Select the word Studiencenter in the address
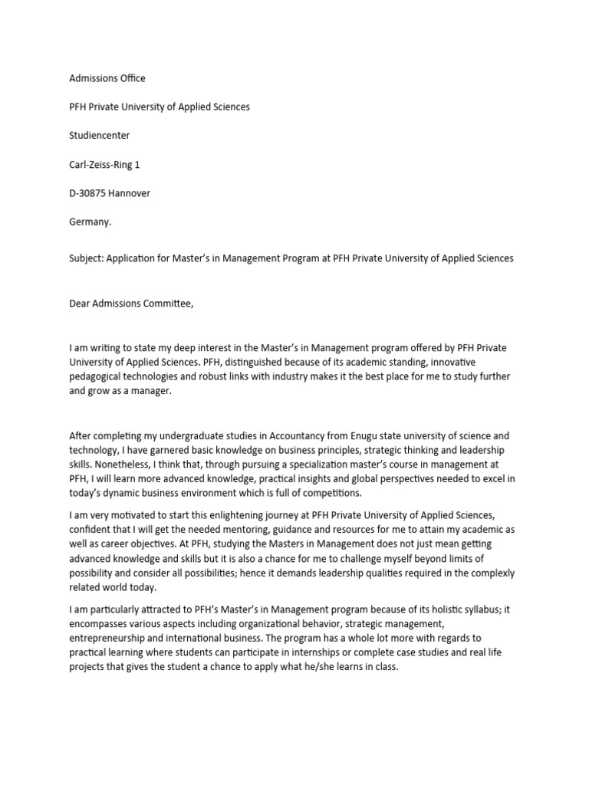(99, 136)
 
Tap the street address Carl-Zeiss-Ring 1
(104, 165)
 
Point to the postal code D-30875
(87, 193)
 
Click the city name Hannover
(129, 193)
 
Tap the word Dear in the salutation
(81, 304)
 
